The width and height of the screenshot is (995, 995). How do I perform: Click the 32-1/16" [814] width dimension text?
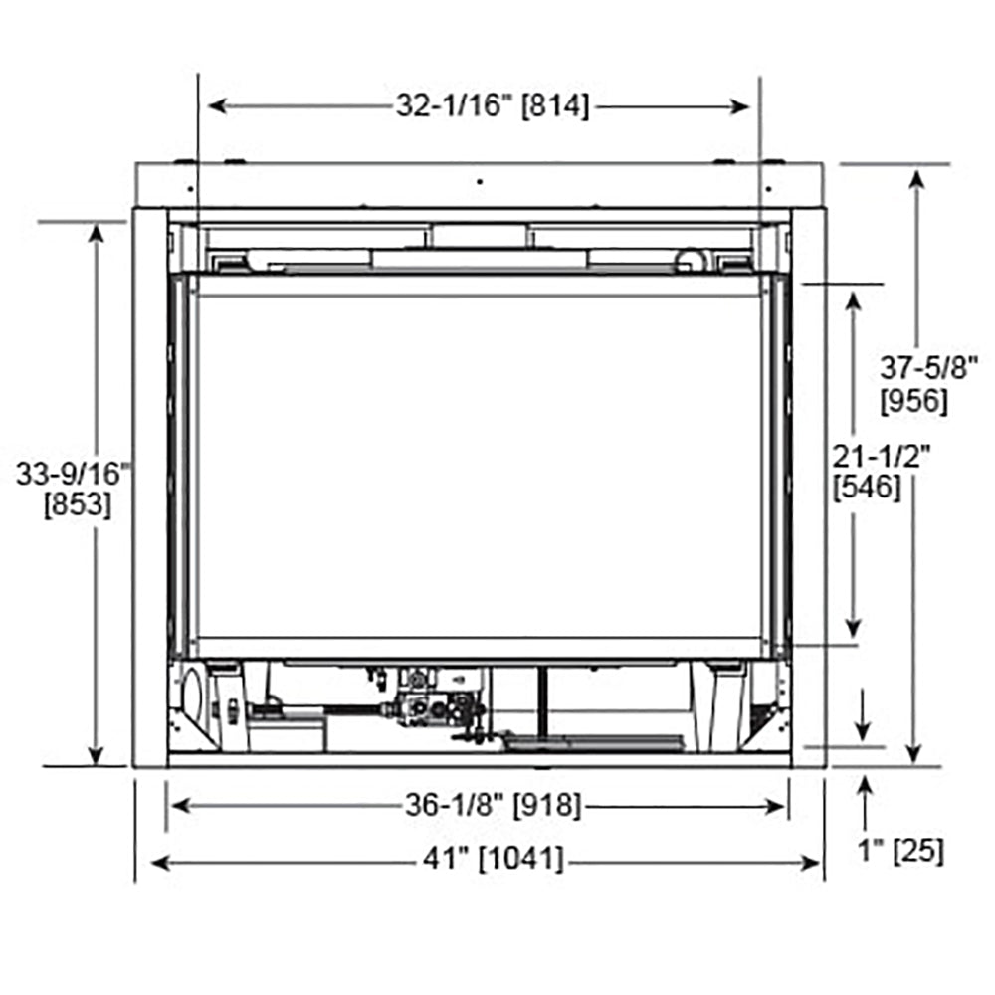[x=493, y=106]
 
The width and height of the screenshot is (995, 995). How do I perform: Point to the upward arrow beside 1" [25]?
[x=866, y=786]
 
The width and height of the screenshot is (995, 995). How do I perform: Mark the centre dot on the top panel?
[x=478, y=182]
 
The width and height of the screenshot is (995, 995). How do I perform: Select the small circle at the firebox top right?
[x=687, y=260]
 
